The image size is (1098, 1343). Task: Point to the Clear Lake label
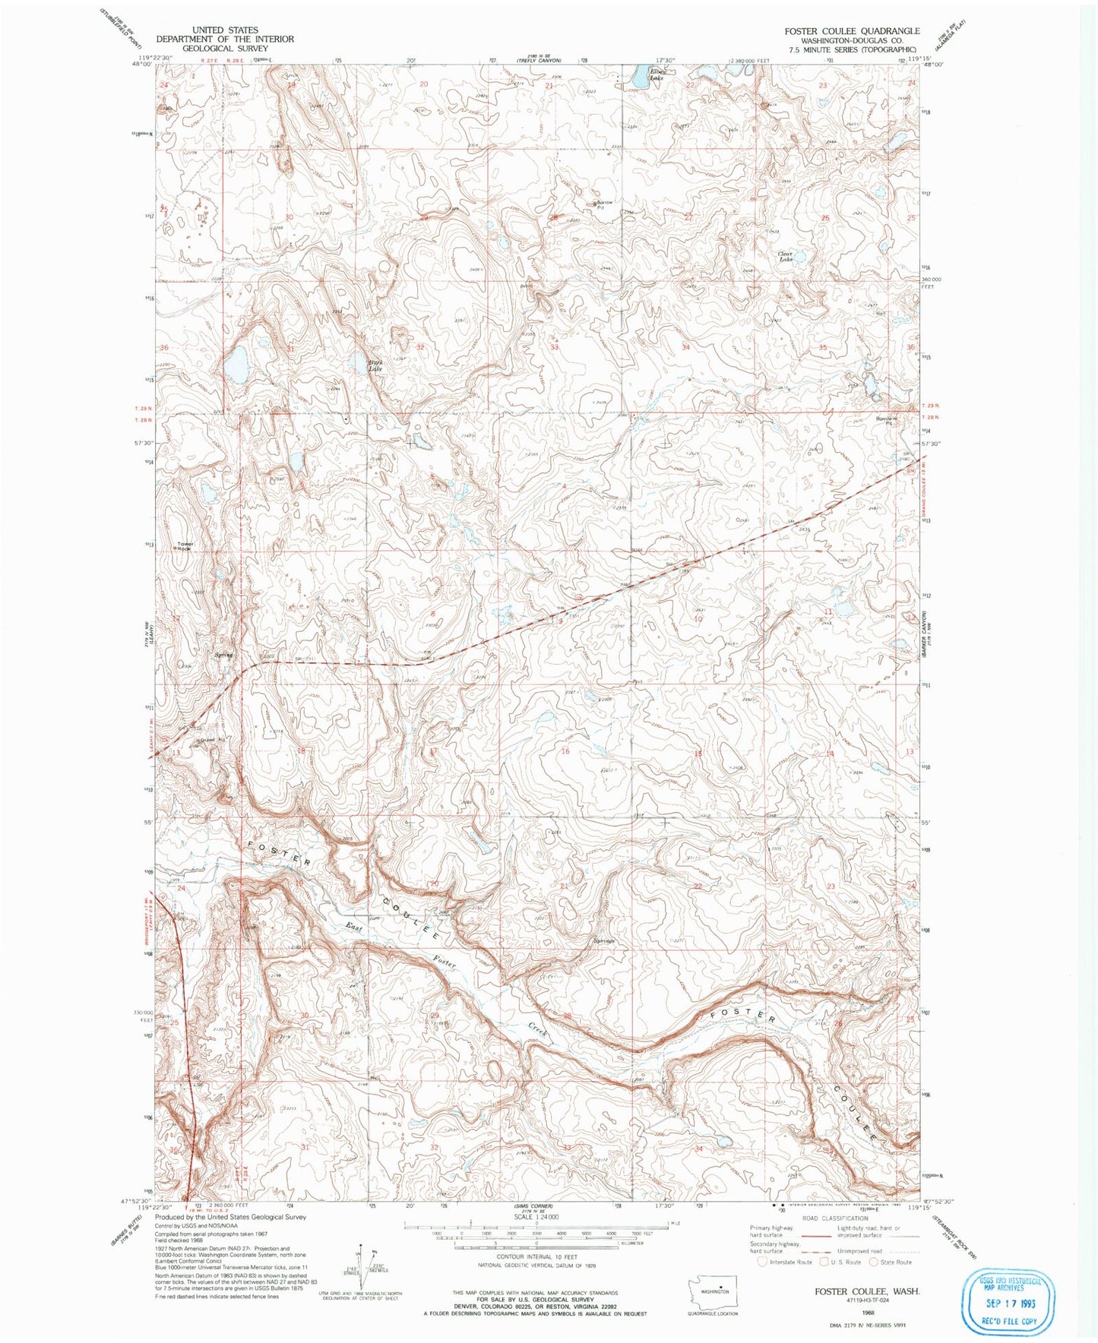click(x=785, y=257)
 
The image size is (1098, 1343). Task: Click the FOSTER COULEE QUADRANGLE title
click(x=852, y=31)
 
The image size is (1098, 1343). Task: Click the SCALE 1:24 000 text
click(x=536, y=1216)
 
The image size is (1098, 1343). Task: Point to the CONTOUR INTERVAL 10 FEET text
click(x=536, y=1257)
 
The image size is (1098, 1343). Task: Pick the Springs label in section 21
click(x=603, y=941)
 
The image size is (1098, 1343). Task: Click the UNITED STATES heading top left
click(x=225, y=30)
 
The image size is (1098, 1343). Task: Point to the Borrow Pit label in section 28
click(x=604, y=205)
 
